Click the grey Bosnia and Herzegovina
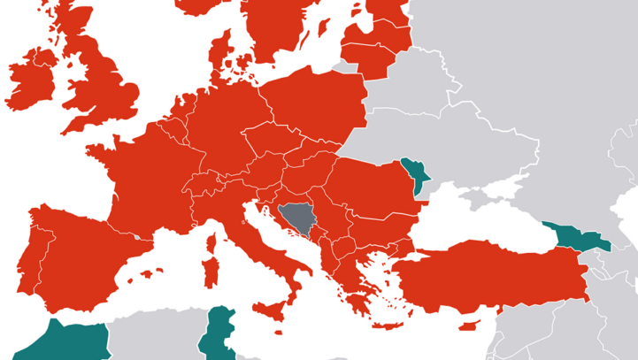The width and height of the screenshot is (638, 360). [x=293, y=220]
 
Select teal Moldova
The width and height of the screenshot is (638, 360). [x=414, y=173]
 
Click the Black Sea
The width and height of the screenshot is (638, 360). [x=478, y=226]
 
